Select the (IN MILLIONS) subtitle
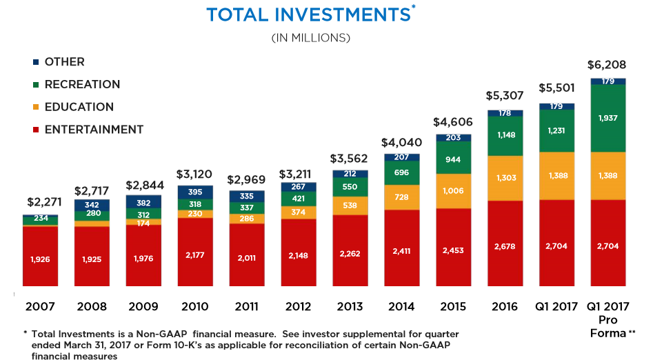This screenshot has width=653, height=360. coord(311,37)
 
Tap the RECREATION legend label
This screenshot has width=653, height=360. coord(82,84)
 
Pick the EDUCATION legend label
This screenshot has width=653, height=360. coord(79,107)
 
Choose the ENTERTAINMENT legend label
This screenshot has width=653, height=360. coord(94,130)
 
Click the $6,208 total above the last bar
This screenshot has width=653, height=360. coord(607,66)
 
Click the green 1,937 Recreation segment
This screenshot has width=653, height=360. coord(608,118)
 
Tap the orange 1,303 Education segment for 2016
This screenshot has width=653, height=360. coord(505,178)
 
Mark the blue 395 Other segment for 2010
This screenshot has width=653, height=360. coord(195,192)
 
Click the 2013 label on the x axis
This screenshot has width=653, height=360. coord(350,305)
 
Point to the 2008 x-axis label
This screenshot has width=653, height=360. coord(92,305)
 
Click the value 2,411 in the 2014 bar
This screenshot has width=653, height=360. coord(402,251)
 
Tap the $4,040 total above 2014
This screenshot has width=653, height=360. coord(401,143)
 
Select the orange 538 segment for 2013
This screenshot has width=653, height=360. coord(350,205)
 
